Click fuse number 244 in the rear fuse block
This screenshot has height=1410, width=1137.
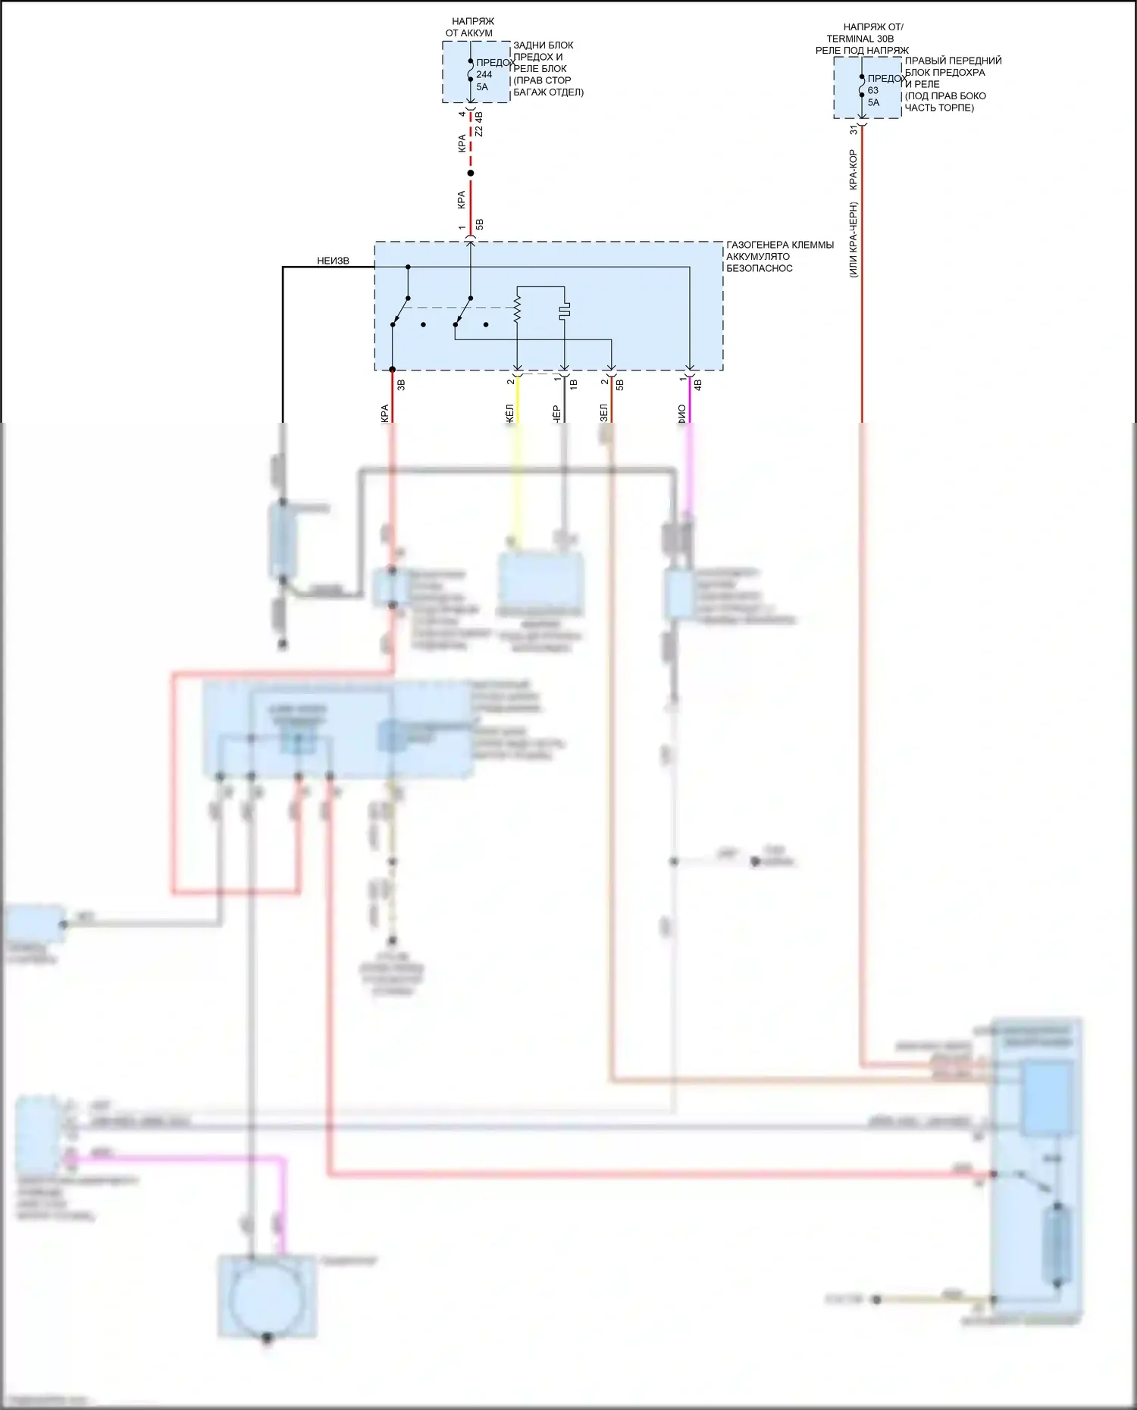[484, 74]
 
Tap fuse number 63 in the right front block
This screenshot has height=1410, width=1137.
[873, 90]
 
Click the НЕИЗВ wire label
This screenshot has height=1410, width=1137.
[333, 261]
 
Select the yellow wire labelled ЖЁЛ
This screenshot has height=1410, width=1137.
[517, 402]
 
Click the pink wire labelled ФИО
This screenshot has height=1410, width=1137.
[690, 402]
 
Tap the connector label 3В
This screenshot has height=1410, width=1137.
[401, 385]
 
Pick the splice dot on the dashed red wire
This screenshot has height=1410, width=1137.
[471, 174]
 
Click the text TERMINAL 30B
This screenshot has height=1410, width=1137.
[860, 39]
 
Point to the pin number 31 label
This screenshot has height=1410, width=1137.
[854, 130]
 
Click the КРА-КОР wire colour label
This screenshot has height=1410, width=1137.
[853, 170]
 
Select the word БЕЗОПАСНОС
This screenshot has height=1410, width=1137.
[759, 268]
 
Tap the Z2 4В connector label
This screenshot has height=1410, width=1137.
[478, 124]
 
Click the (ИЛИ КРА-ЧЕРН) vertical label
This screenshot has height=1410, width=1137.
[854, 239]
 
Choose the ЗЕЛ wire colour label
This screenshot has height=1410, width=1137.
[604, 412]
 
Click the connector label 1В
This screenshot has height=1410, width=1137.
[573, 385]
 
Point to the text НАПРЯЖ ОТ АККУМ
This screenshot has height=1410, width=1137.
[470, 27]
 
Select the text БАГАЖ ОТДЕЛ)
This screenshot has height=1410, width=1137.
[548, 92]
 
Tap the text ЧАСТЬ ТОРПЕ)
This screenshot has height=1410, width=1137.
[939, 108]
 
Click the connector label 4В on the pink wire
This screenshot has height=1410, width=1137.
[698, 385]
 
